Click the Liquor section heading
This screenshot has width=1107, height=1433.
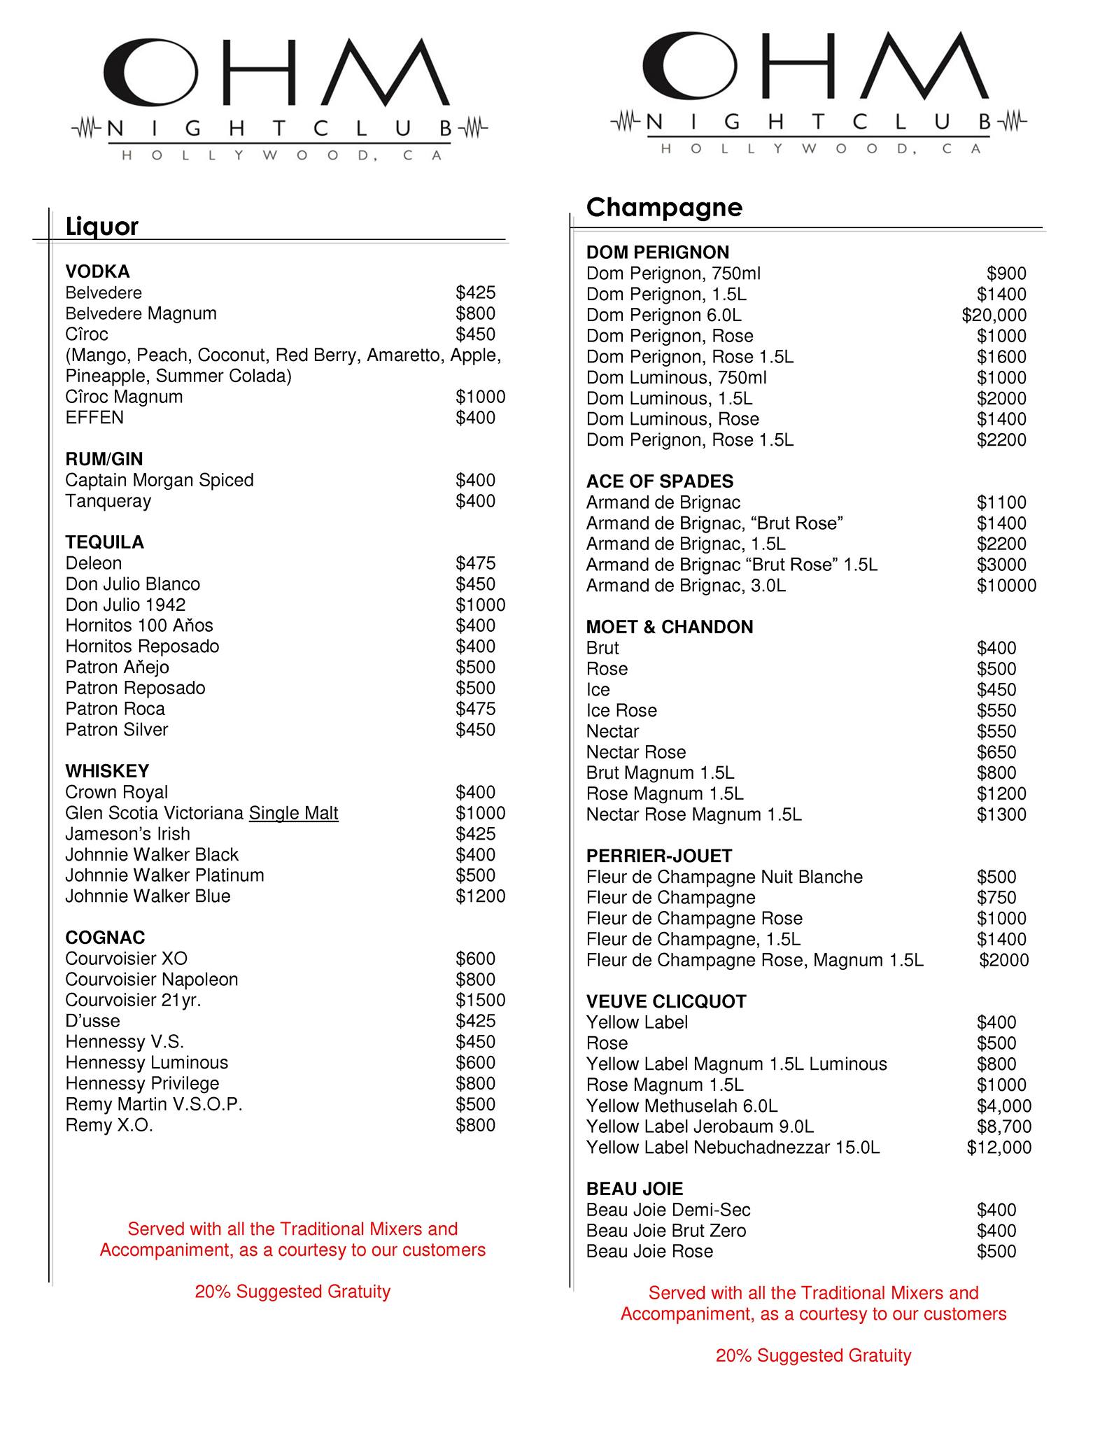click(x=101, y=227)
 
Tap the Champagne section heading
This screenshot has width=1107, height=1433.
click(x=663, y=207)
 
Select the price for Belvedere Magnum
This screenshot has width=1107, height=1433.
click(x=475, y=313)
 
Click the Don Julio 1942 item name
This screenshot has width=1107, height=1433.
click(x=125, y=605)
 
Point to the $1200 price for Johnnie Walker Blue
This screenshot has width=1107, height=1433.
click(x=480, y=896)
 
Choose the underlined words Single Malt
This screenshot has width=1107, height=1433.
click(x=293, y=813)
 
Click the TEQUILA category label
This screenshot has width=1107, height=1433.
click(x=104, y=542)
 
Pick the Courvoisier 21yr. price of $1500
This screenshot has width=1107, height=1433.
click(x=480, y=1000)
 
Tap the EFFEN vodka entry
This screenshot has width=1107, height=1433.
click(x=94, y=418)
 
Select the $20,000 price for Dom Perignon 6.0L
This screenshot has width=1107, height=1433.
click(x=994, y=316)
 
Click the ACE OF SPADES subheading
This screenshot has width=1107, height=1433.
click(x=659, y=481)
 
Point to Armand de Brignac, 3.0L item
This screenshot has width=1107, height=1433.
click(x=686, y=586)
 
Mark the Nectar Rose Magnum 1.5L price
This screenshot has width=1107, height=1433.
click(x=1001, y=814)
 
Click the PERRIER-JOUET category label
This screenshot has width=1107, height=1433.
click(x=658, y=856)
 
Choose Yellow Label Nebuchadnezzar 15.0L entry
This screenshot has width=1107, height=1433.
click(x=733, y=1148)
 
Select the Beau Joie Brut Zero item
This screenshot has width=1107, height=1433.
click(x=665, y=1231)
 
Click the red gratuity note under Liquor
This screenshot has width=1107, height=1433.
click(x=292, y=1292)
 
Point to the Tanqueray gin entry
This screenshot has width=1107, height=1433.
click(x=108, y=501)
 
